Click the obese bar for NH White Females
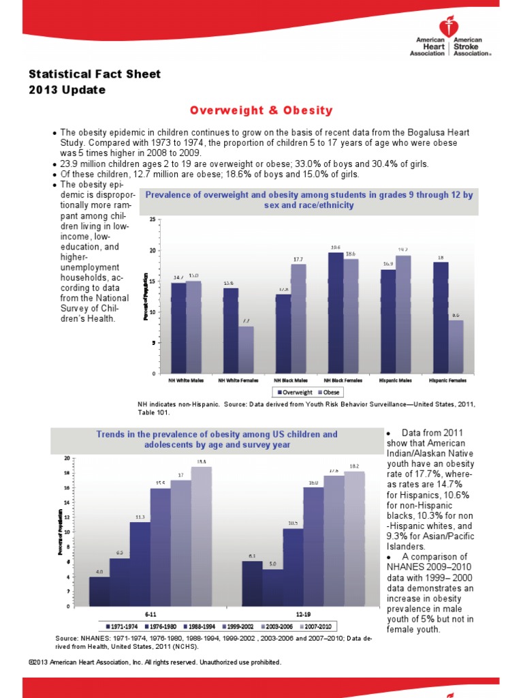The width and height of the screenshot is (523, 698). pyautogui.click(x=246, y=350)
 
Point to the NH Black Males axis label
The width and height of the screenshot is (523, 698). pyautogui.click(x=290, y=379)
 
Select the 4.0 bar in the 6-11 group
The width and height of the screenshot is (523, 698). pyautogui.click(x=99, y=591)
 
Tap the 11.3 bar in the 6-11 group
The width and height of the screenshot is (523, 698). pyautogui.click(x=140, y=564)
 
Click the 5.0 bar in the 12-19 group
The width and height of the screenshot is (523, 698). pyautogui.click(x=272, y=587)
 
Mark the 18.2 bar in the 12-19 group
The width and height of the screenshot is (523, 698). pyautogui.click(x=354, y=538)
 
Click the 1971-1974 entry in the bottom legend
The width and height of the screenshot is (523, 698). pyautogui.click(x=121, y=626)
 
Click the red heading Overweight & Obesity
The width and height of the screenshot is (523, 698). pyautogui.click(x=261, y=110)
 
